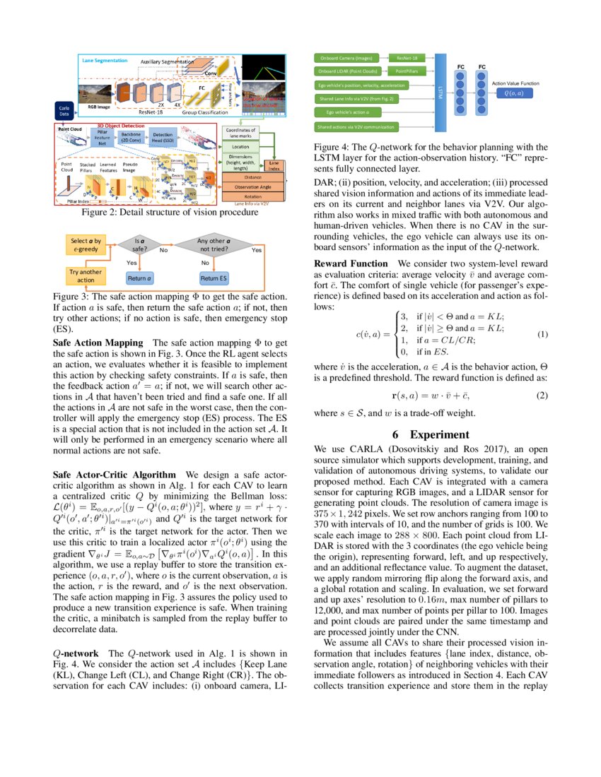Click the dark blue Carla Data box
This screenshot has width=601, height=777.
coord(64,109)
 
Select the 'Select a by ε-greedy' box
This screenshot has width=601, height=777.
coord(86,244)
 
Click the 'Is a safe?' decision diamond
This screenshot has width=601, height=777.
coord(140,244)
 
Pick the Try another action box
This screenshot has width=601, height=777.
coord(86,275)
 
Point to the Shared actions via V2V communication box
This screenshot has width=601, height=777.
coord(357,126)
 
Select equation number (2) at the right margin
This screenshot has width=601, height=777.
coord(542,396)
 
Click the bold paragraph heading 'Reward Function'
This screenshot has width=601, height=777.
coord(351,263)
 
